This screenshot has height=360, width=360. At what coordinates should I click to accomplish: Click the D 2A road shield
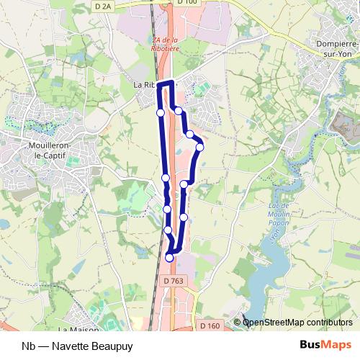(104, 6)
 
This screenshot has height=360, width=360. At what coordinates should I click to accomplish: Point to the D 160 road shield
(210, 326)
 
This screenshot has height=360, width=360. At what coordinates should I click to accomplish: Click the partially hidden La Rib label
(144, 84)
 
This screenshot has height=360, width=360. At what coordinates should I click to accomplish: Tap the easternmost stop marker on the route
(200, 147)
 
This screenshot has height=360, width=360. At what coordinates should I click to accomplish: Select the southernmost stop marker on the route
(170, 257)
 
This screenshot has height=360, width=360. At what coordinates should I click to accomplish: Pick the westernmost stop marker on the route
(161, 112)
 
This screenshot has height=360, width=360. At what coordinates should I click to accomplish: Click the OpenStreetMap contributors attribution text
(298, 323)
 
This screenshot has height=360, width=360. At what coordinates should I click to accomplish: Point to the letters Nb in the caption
(29, 346)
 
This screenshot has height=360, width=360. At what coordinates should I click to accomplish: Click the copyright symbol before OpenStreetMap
(238, 323)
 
